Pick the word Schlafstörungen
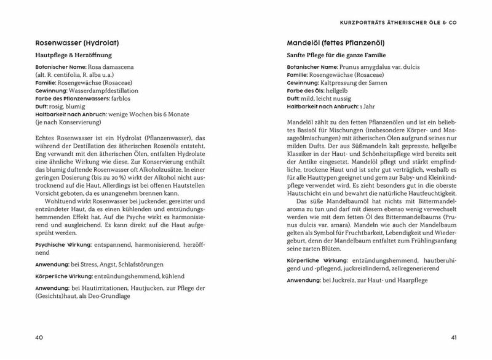click(x=133, y=264)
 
